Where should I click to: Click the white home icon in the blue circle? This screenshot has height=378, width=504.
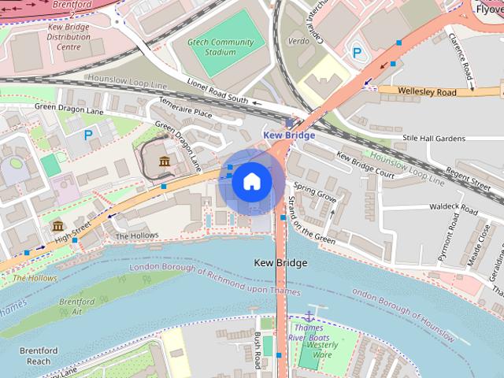(x=251, y=182)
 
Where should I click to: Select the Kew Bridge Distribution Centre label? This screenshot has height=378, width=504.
(x=75, y=36)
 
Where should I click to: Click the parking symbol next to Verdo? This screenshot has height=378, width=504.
(x=358, y=53)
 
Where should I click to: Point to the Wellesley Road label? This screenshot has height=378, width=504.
(x=427, y=92)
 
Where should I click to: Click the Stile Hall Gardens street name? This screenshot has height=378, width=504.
(x=433, y=139)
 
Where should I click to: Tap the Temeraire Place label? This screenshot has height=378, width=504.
(x=186, y=113)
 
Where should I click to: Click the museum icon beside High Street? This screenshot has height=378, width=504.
(x=57, y=228)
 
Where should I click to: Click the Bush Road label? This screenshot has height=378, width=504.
(x=257, y=350)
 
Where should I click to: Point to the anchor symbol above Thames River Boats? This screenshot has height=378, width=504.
(x=309, y=316)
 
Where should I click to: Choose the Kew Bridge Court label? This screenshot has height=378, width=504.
(x=365, y=162)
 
